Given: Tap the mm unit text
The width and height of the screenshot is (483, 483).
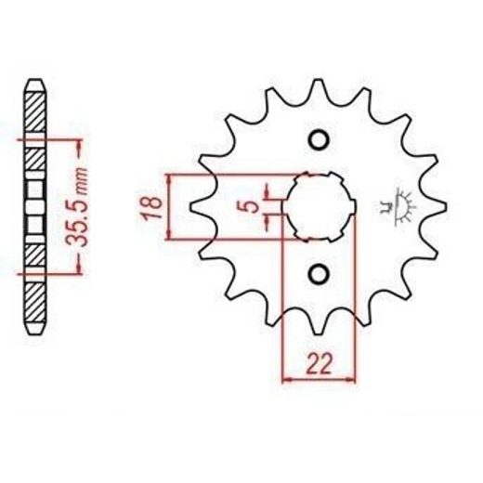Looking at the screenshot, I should click(x=82, y=176).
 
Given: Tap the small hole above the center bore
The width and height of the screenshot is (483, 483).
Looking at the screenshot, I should click(x=319, y=141).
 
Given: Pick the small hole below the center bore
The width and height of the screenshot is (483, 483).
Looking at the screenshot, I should click(x=319, y=274).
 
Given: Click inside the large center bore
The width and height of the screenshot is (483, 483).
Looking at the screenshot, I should click(x=319, y=206).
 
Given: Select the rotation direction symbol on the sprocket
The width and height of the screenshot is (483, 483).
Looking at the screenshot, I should click(x=405, y=205).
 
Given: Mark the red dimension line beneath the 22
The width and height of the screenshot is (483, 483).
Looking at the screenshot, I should click(x=319, y=378).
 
